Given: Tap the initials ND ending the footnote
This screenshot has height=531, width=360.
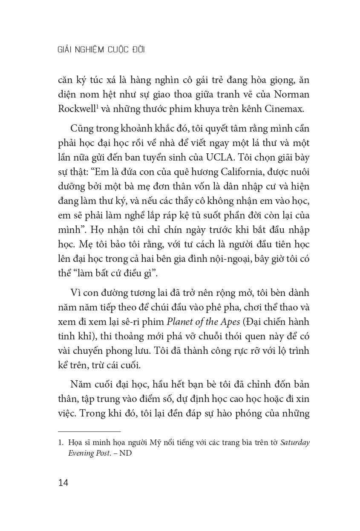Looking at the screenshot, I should click(x=126, y=453).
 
